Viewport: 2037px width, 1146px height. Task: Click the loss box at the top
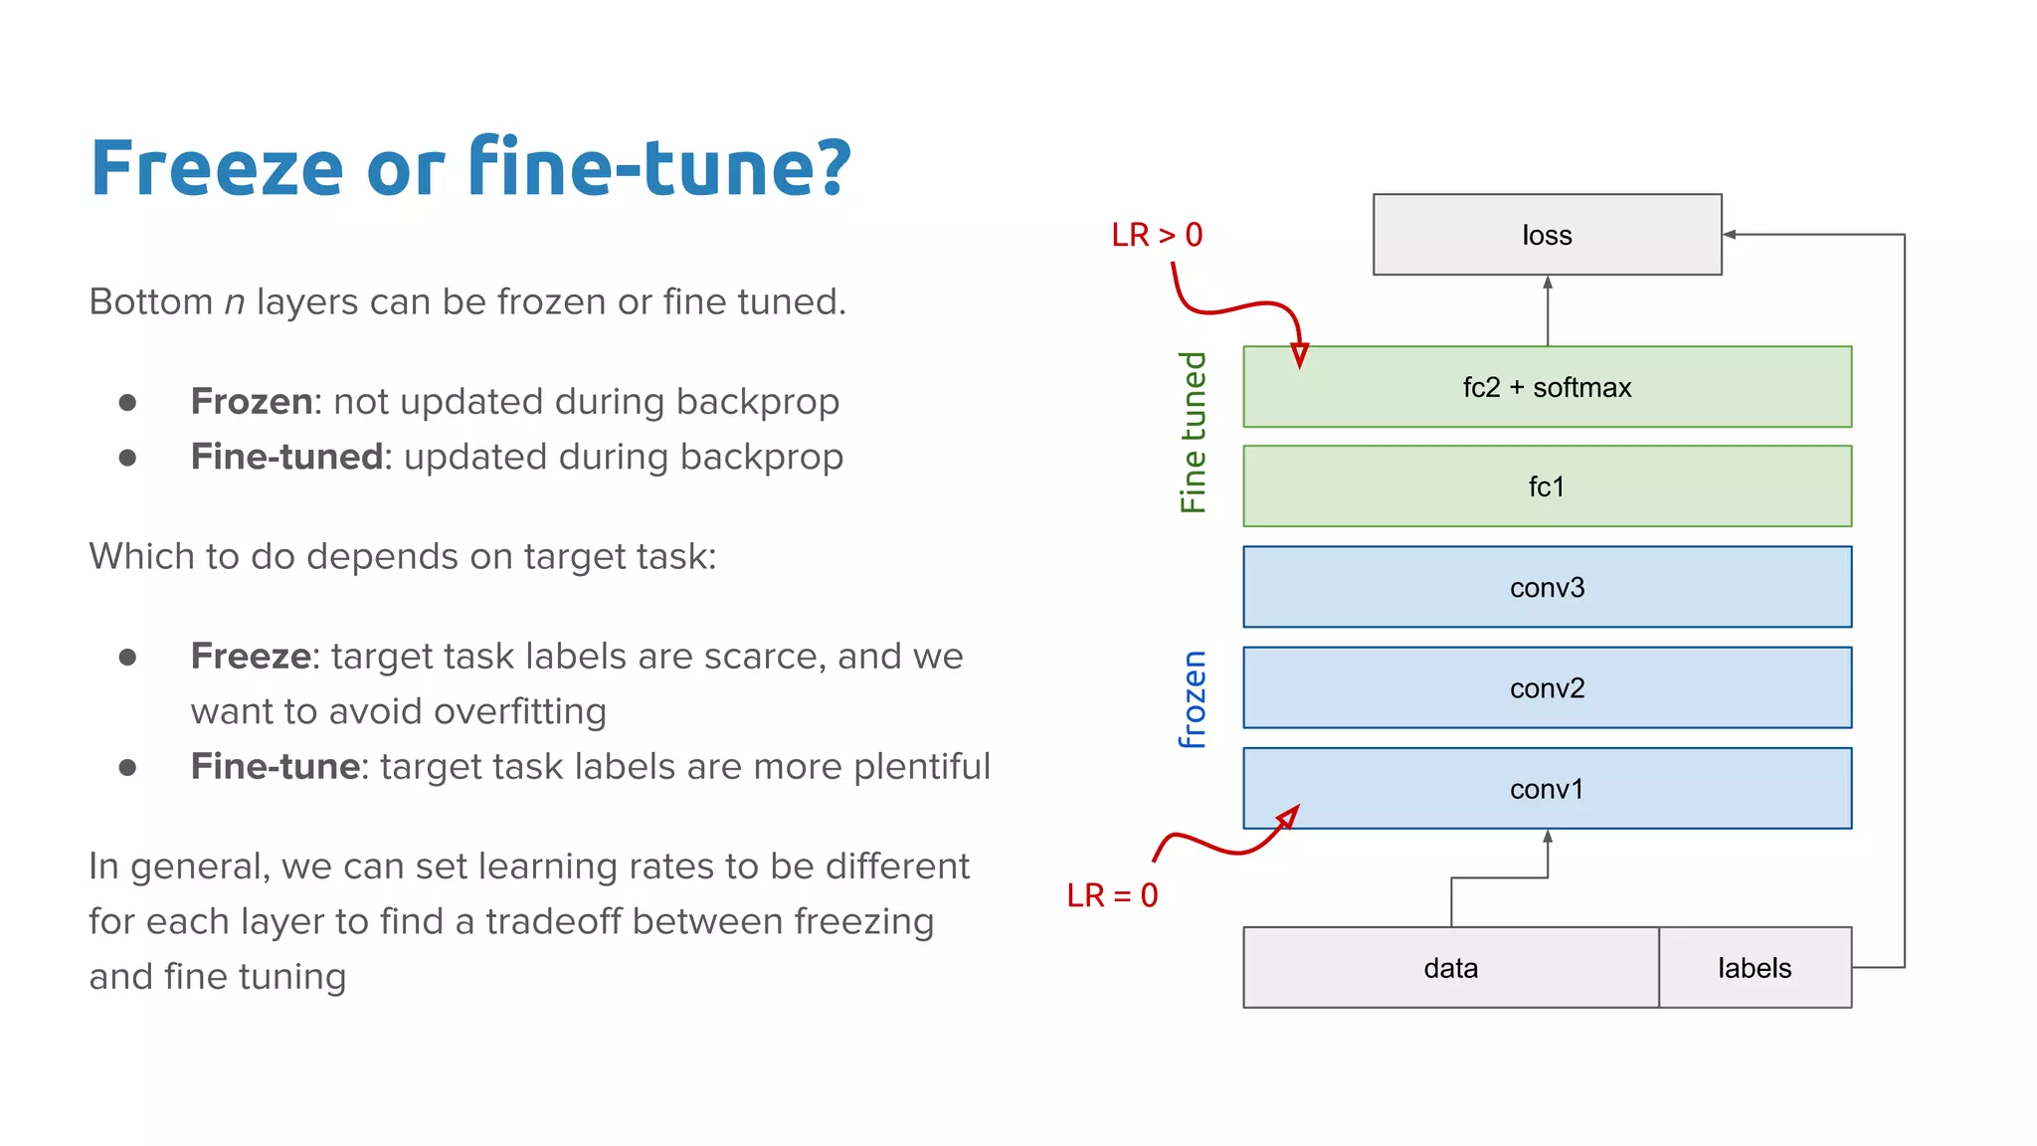tap(1547, 235)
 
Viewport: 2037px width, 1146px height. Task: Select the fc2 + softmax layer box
tap(1547, 387)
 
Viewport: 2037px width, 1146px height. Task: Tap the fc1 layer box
tap(1547, 486)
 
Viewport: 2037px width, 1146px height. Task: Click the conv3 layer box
tap(1547, 587)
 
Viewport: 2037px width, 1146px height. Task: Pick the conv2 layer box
tap(1547, 687)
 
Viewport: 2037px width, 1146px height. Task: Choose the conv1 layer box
tap(1547, 789)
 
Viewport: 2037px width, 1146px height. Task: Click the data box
tap(1450, 968)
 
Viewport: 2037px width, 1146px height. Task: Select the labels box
tap(1755, 968)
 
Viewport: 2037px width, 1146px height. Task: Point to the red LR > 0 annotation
tap(1157, 236)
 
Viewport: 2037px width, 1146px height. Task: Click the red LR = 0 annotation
tap(1112, 895)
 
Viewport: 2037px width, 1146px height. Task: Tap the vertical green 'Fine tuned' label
tap(1193, 432)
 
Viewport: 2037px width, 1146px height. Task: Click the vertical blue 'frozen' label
tap(1193, 698)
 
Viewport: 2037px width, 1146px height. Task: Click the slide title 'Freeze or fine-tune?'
tap(470, 167)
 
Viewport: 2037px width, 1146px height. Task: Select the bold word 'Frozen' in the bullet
tap(252, 402)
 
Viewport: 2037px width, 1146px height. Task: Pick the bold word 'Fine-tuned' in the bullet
tap(286, 457)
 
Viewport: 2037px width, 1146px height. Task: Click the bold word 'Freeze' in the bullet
tap(251, 657)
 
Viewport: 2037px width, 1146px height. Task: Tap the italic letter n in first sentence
tap(235, 302)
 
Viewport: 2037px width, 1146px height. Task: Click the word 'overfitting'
tap(519, 712)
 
